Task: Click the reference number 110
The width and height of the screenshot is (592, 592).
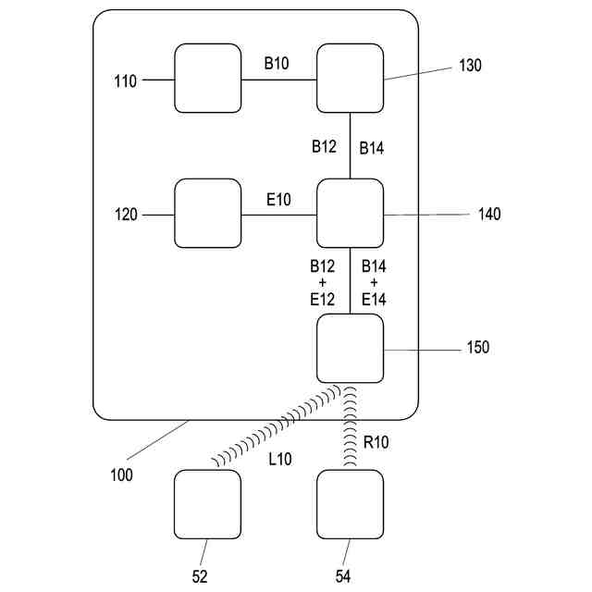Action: coord(125,81)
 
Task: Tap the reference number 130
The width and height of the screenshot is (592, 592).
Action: coord(470,67)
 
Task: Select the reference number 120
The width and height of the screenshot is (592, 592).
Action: coord(125,216)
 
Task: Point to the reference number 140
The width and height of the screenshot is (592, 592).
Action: coord(489,215)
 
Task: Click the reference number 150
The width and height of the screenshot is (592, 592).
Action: coord(478,349)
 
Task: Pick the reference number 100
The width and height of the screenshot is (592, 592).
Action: coord(120,475)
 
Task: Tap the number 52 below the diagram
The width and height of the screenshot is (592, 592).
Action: coord(200,575)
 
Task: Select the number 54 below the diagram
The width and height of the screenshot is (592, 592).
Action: coord(342,575)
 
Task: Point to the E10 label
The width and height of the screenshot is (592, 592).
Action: coord(278,198)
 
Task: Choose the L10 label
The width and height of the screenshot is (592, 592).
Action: coord(280,459)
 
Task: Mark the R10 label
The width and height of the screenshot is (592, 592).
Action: coord(376,443)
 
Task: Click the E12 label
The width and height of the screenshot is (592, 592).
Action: coord(323,298)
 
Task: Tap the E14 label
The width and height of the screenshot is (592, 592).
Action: coord(374,298)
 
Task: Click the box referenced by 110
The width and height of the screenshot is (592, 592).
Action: coord(208,80)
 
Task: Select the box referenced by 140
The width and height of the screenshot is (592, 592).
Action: coord(350,214)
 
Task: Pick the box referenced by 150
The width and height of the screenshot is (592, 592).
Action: coord(350,348)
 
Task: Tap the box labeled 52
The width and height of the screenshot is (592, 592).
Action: coord(207,504)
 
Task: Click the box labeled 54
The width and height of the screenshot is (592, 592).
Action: coord(350,504)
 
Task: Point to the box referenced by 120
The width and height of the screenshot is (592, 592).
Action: coord(208,214)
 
